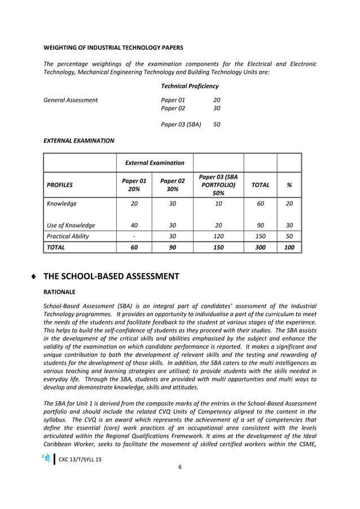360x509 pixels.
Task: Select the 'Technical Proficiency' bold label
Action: (x=190, y=86)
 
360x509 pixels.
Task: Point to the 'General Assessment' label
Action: (x=71, y=100)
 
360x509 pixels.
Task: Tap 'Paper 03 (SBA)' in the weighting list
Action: (x=181, y=125)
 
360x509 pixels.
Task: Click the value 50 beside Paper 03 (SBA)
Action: (x=217, y=125)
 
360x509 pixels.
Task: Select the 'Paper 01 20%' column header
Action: (x=134, y=185)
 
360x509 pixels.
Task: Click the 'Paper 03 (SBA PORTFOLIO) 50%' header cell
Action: (x=218, y=185)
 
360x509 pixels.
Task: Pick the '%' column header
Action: (x=289, y=185)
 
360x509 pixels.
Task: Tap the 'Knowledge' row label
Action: (x=62, y=204)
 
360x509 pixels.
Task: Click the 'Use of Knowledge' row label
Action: (x=71, y=225)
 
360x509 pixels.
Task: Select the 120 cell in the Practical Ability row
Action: (x=218, y=236)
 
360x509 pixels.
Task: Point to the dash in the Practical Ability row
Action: (x=134, y=236)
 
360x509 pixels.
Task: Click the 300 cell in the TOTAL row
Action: (x=260, y=247)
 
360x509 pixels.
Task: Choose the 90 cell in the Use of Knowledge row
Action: (x=260, y=225)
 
